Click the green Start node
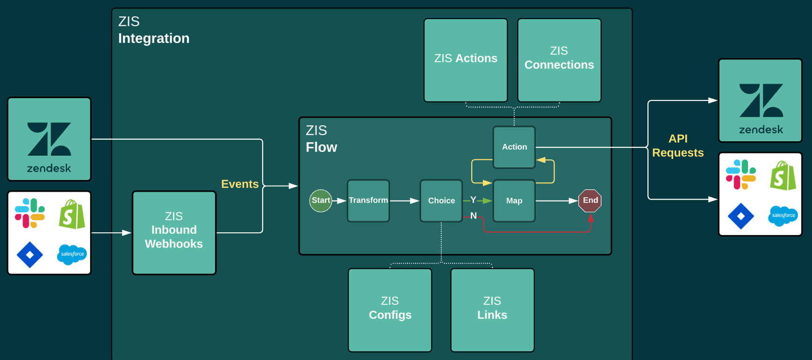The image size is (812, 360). coord(321,201)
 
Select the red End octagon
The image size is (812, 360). coord(590,201)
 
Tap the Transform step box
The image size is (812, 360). coord(368,201)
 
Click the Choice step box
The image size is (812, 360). coord(441,201)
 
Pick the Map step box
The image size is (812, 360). coord(514,201)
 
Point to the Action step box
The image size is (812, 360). coord(514,147)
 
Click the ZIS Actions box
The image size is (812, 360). coord(466,60)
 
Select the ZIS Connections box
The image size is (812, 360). coord(559,60)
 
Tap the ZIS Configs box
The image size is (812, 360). coord(390,310)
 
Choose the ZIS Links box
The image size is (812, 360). coord(492,310)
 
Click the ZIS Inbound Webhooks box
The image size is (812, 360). coord(174,232)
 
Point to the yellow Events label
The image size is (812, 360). coord(240,184)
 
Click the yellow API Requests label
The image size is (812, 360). coord(678,146)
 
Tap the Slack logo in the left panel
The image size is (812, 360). coord(30,213)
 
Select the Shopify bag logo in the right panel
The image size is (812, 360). coord(783,176)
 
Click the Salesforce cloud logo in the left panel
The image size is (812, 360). coord(72,254)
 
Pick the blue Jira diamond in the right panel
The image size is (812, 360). coord(741,216)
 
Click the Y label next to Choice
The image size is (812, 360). coord(473,200)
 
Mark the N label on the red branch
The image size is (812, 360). coord(474,216)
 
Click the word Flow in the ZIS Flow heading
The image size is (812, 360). coord(321,147)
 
